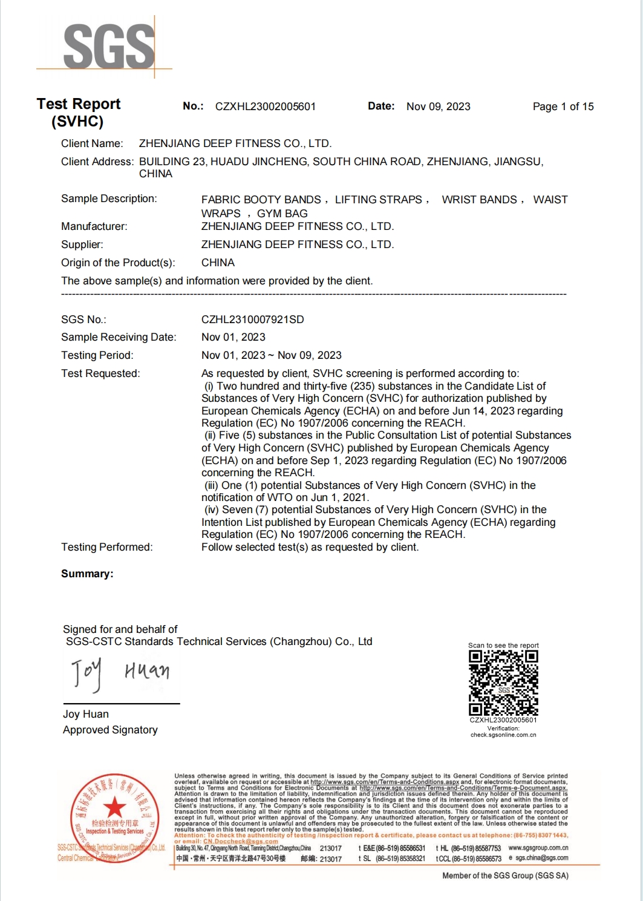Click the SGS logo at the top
[108, 46]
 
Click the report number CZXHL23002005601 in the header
[266, 106]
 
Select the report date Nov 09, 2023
[438, 106]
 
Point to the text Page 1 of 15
[563, 106]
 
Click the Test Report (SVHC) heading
[78, 113]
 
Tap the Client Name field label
[92, 143]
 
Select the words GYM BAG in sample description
[282, 214]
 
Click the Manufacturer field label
[94, 226]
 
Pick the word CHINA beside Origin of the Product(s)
[218, 263]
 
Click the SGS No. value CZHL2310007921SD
[252, 319]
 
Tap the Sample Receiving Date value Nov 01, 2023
[233, 337]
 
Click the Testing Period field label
[97, 355]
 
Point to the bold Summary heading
[87, 574]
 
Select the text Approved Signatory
[110, 730]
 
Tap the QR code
[503, 683]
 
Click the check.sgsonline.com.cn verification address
[503, 735]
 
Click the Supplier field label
[82, 244]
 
